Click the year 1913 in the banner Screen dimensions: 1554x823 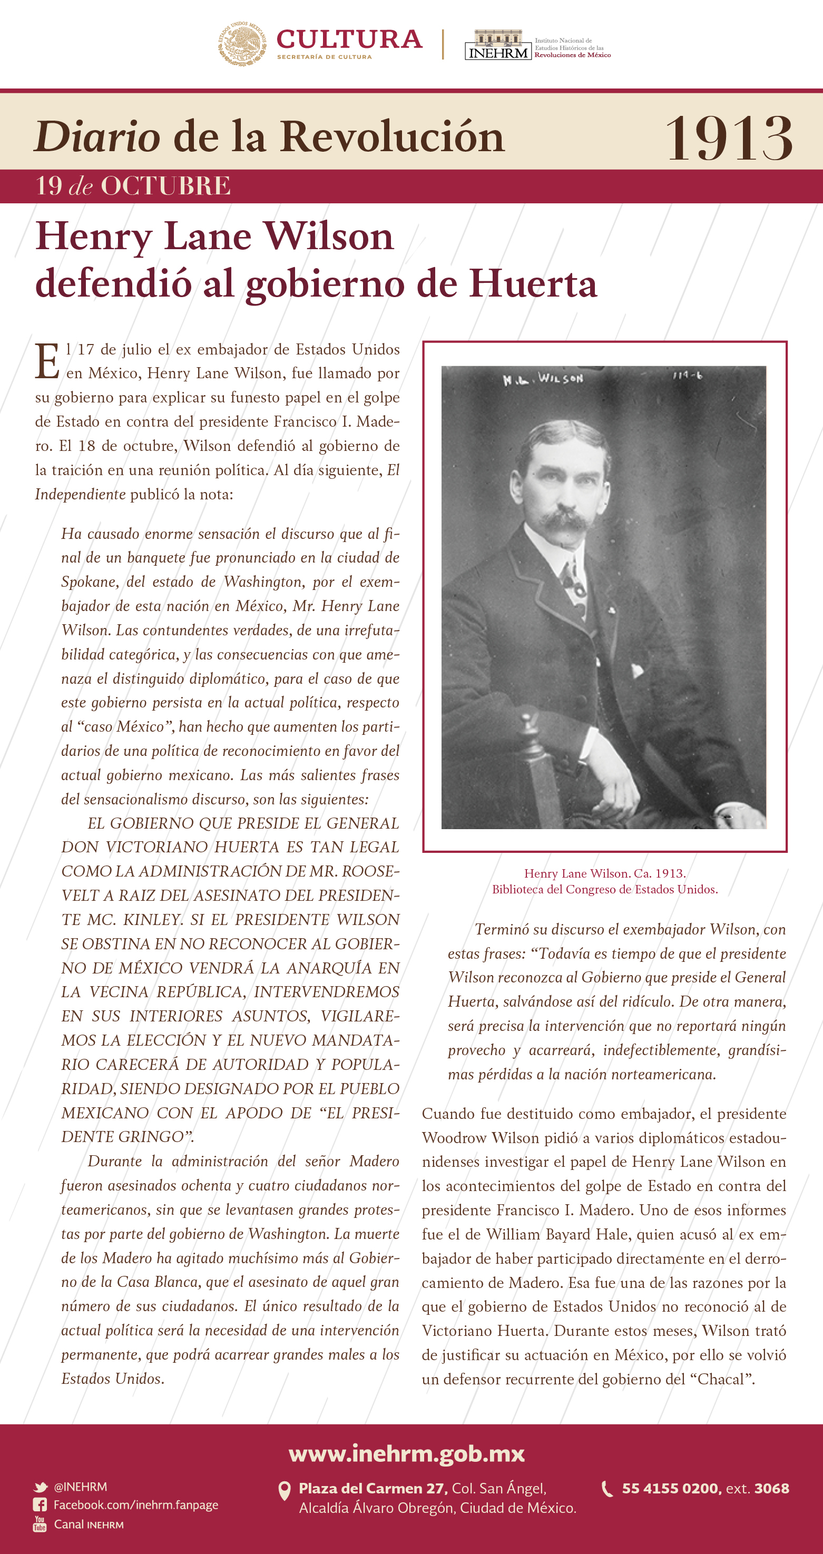728,139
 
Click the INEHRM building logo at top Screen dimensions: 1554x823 498,45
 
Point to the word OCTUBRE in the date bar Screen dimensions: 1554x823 165,186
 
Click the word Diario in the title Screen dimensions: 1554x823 97,136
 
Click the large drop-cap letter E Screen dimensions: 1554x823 47,361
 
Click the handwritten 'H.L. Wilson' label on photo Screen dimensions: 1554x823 543,379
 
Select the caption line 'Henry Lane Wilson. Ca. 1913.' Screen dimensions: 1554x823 604,873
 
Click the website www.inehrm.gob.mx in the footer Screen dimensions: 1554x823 407,1454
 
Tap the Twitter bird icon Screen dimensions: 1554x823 41,1487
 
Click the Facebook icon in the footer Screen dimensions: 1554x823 40,1505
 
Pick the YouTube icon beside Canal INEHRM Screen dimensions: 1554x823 40,1524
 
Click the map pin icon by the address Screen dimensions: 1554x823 284,1491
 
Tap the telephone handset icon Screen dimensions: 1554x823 607,1489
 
